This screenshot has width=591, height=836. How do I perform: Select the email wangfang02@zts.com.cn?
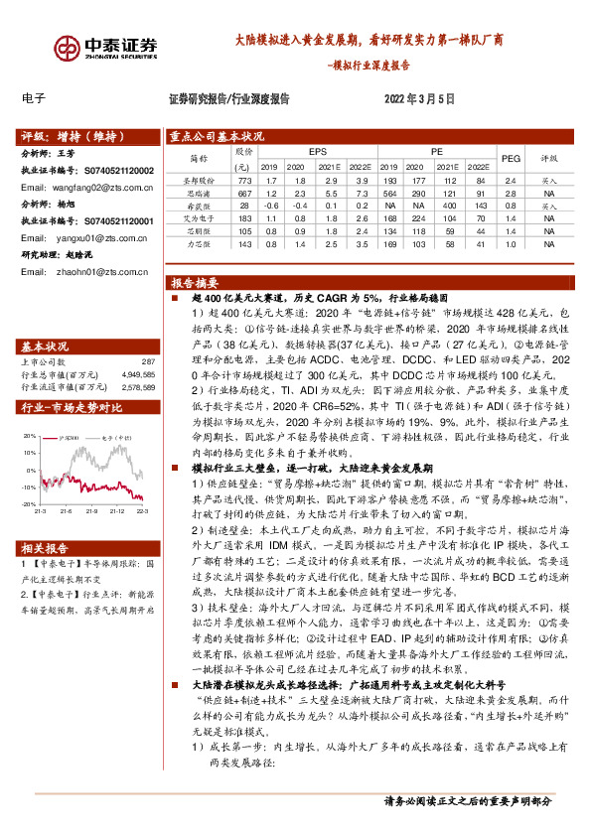point(95,187)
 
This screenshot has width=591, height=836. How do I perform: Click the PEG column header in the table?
point(511,157)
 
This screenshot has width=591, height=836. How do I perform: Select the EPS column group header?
point(317,150)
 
